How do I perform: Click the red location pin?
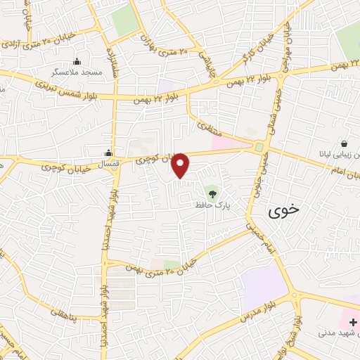point(181,165)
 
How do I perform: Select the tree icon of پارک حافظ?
point(211,191)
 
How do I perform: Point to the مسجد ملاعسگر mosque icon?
point(77,62)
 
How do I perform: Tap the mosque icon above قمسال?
point(108,153)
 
